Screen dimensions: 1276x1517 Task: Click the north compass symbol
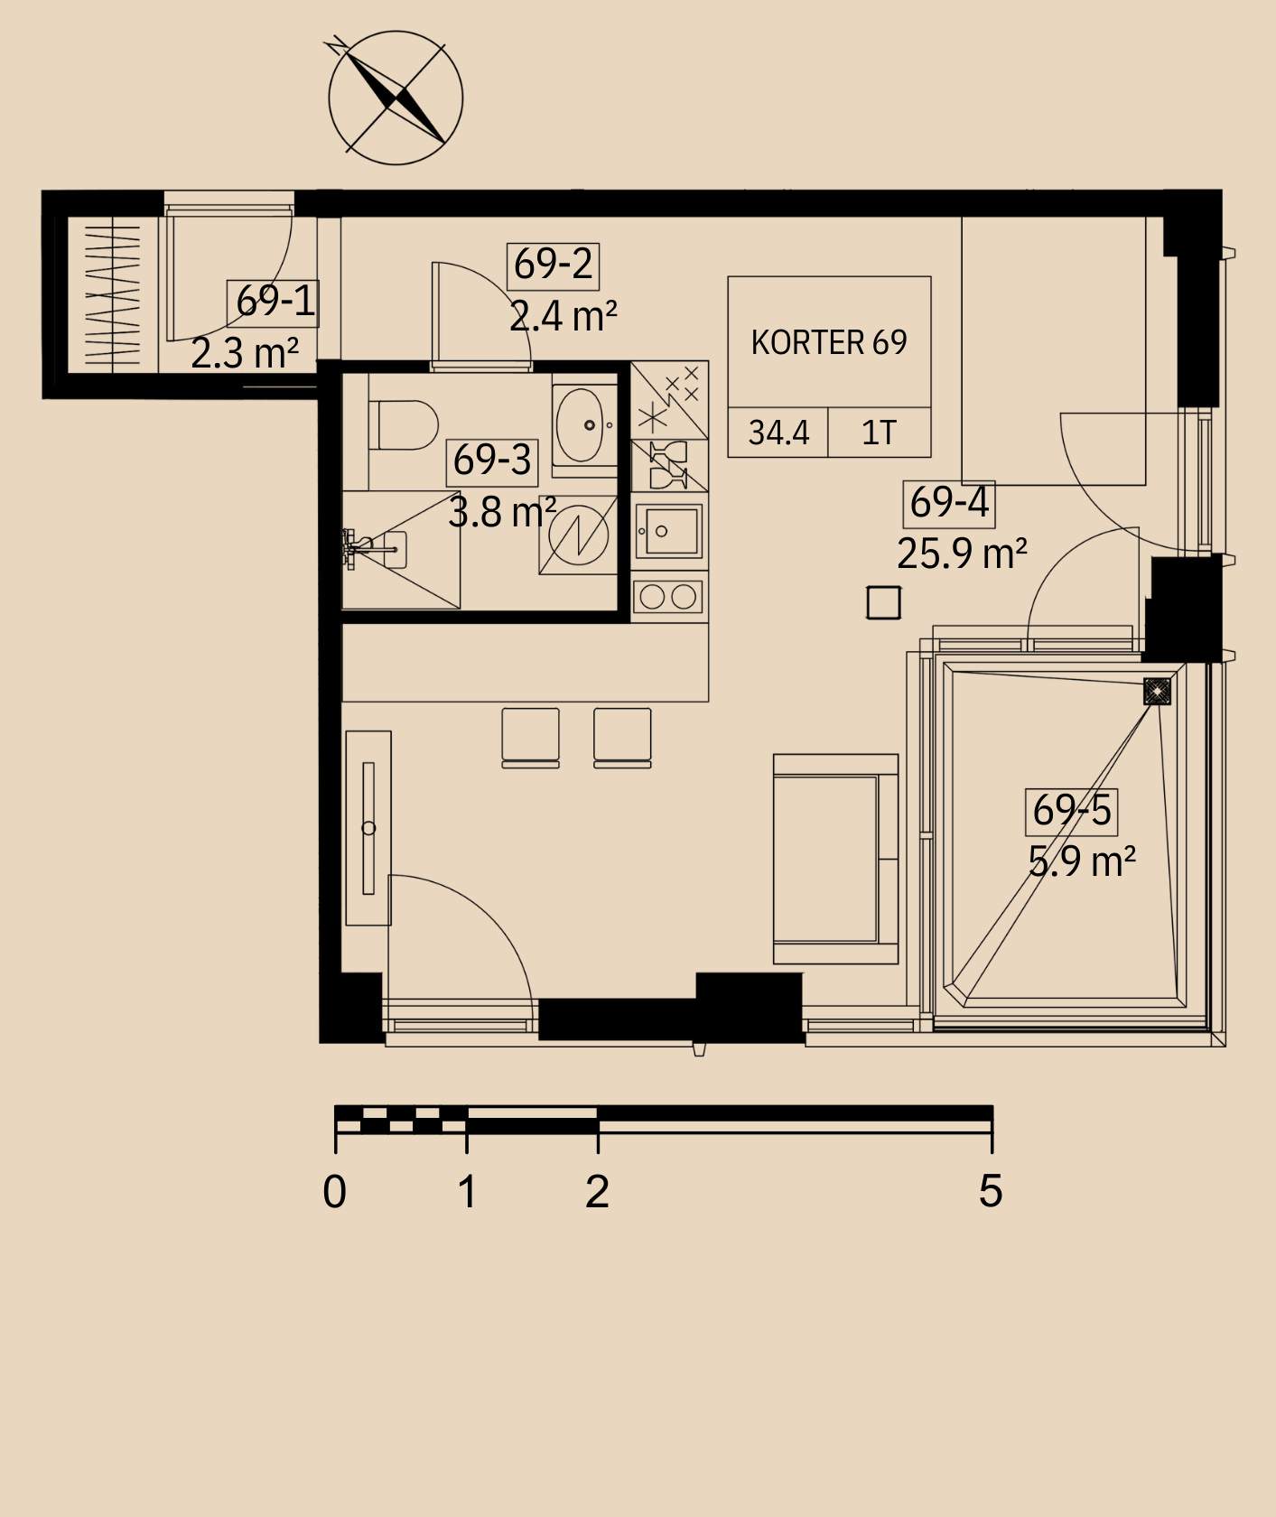coord(396,98)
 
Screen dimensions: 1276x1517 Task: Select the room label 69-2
coord(554,265)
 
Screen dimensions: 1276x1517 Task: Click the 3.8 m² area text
coord(502,513)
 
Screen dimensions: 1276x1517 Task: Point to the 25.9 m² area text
coord(962,553)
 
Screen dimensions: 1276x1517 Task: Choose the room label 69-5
coord(1072,809)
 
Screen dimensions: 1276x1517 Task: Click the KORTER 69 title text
coord(829,343)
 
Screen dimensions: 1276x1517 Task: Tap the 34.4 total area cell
coord(778,433)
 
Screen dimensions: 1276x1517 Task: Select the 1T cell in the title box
coord(879,433)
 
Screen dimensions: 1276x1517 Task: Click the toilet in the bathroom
coord(404,425)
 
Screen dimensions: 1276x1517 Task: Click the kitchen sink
coord(669,531)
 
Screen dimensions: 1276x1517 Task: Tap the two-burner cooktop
coord(669,597)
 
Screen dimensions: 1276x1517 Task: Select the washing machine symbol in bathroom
coord(578,535)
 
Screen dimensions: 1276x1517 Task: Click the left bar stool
coord(530,738)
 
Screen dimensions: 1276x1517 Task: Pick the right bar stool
coord(622,738)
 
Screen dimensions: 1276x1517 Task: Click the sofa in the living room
coord(835,859)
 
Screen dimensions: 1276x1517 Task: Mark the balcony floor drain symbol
coord(1157,692)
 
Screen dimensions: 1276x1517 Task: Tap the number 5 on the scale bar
coord(991,1191)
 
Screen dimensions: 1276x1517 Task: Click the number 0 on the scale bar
coord(334,1192)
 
